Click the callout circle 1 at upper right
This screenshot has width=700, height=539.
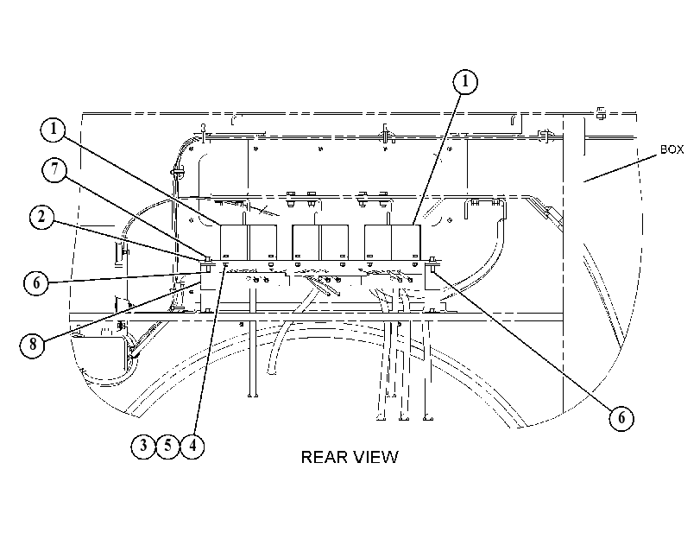click(465, 82)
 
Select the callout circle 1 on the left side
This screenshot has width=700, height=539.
click(54, 130)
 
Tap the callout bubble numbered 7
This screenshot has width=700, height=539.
click(54, 170)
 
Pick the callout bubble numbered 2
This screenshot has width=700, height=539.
click(42, 218)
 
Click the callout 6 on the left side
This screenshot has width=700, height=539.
click(36, 283)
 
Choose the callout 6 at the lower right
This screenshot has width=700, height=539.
click(621, 419)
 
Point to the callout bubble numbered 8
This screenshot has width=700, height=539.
click(32, 345)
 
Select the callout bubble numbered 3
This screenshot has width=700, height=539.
click(143, 446)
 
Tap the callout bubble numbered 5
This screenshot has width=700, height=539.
click(167, 446)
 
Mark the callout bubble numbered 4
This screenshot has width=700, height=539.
click(192, 446)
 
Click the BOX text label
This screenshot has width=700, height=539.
click(672, 149)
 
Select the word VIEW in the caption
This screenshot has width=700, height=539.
click(375, 457)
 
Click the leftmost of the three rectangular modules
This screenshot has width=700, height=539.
click(249, 242)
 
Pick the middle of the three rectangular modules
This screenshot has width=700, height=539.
click(320, 242)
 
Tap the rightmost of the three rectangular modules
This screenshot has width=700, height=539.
click(393, 242)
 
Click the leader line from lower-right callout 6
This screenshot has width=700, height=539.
click(523, 337)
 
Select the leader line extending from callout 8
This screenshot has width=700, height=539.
click(122, 310)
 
